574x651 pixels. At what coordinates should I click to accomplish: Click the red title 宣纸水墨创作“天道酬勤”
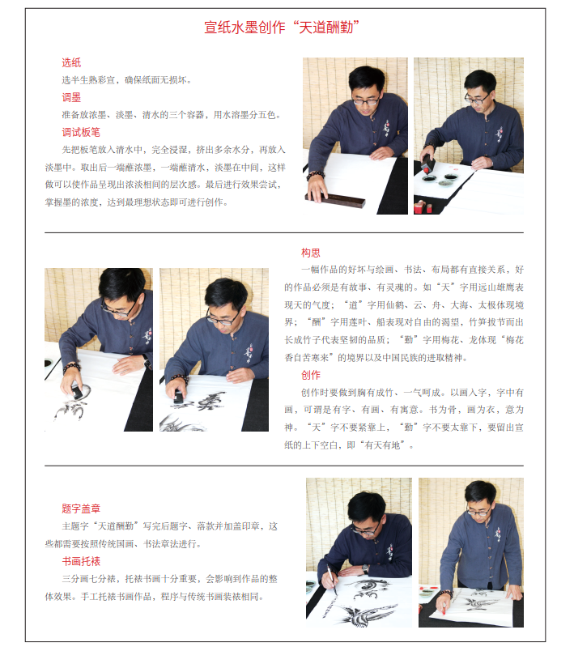(x=282, y=28)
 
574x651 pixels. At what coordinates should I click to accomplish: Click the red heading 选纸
(x=71, y=62)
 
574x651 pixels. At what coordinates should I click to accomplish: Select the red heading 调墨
(x=71, y=97)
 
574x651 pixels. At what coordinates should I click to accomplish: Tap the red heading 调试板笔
(x=81, y=133)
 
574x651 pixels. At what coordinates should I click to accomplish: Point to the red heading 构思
(x=311, y=253)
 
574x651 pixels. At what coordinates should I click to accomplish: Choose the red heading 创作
(x=311, y=376)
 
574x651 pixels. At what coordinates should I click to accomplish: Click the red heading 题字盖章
(x=81, y=508)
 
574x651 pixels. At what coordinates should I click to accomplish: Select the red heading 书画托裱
(x=81, y=561)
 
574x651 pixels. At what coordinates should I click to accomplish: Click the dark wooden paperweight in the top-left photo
(x=336, y=200)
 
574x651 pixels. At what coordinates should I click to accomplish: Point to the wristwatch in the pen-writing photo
(x=365, y=568)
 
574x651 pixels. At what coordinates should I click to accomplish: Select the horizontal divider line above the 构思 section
(x=284, y=233)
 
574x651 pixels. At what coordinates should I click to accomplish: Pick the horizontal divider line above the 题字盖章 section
(x=284, y=466)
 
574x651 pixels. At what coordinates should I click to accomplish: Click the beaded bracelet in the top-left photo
(x=315, y=176)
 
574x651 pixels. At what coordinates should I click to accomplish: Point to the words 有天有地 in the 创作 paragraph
(x=383, y=445)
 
